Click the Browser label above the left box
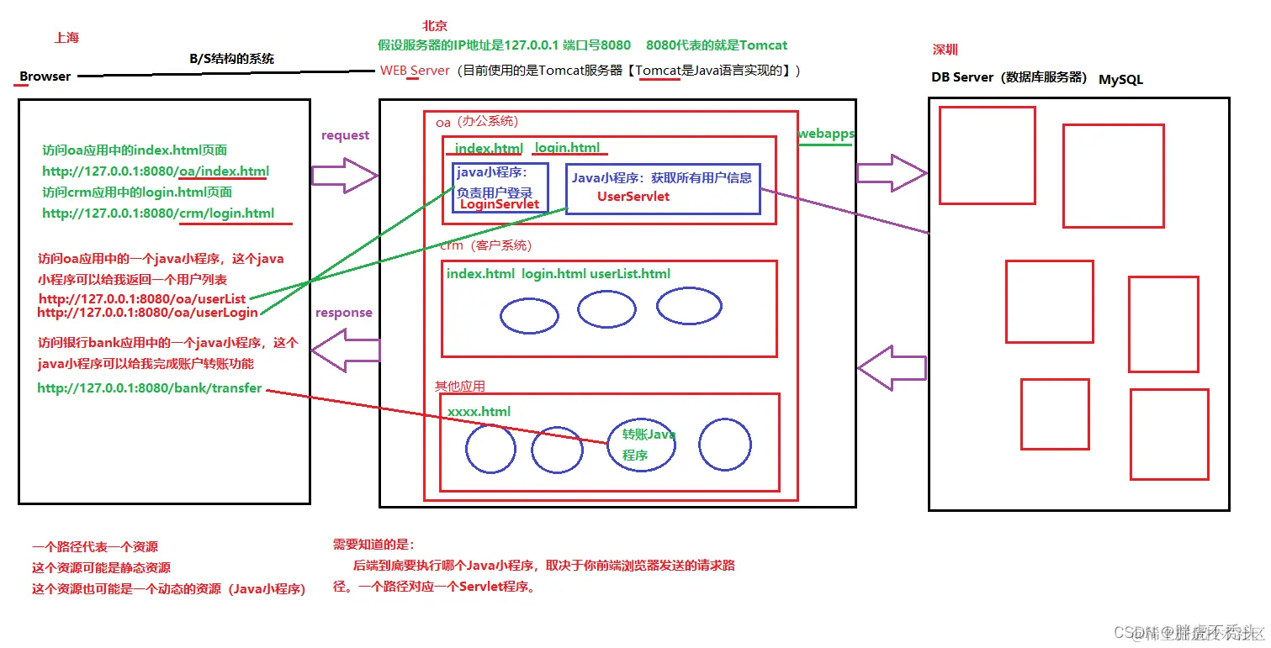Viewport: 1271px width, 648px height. point(45,76)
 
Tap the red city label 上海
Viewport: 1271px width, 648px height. point(66,38)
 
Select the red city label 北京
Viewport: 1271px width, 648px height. point(435,27)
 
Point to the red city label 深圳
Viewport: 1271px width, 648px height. point(945,50)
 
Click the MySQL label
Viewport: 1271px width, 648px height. point(1120,80)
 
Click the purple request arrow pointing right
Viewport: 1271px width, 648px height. point(344,175)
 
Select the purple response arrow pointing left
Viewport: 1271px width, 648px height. point(345,350)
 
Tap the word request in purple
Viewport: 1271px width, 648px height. point(345,135)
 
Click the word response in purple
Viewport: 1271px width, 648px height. point(343,313)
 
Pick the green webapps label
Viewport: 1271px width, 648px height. point(826,134)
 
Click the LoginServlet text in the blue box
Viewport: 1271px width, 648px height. point(500,204)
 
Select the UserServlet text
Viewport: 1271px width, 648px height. point(633,196)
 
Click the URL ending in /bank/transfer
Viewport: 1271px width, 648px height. point(150,388)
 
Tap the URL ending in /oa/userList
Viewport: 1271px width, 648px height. point(142,298)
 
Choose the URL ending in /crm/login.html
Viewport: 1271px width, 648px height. point(158,213)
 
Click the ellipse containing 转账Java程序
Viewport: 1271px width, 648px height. point(642,445)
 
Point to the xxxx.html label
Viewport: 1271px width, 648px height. point(479,412)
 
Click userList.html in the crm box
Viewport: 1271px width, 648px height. point(630,274)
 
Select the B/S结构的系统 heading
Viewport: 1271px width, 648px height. point(232,59)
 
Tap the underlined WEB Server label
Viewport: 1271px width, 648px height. point(415,71)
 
